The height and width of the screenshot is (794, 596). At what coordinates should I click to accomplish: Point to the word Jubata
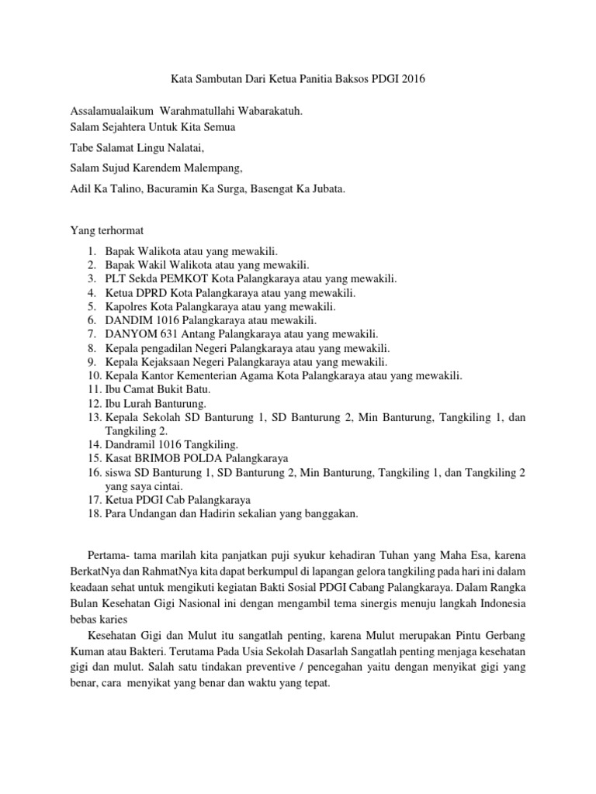326,188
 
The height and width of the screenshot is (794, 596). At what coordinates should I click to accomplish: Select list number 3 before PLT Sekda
92,278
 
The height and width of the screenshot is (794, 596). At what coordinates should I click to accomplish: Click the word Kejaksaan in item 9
165,361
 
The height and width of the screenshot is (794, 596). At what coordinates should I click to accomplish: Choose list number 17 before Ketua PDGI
94,499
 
